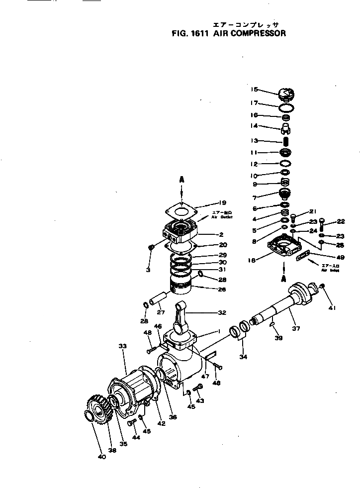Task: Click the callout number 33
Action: click(x=123, y=345)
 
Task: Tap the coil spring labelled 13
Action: click(x=286, y=141)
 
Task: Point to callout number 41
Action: click(x=332, y=308)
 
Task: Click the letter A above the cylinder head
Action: click(x=182, y=179)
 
